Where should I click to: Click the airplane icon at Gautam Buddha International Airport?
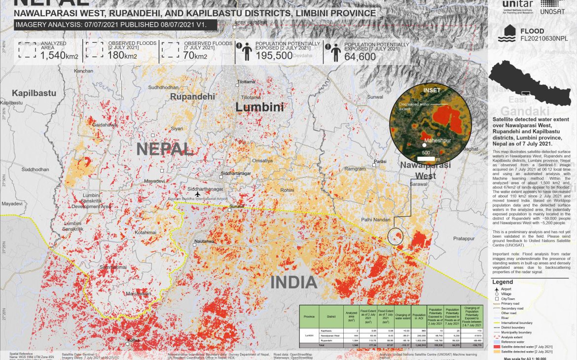click(198, 194)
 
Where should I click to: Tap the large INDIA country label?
click(293, 283)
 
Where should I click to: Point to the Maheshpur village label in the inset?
click(438, 141)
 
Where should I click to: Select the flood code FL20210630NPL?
click(544, 38)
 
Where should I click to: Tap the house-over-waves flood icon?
click(506, 34)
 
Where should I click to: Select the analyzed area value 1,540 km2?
click(59, 56)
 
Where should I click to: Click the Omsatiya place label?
click(262, 161)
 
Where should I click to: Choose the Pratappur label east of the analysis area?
click(463, 238)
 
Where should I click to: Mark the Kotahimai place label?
click(145, 232)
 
